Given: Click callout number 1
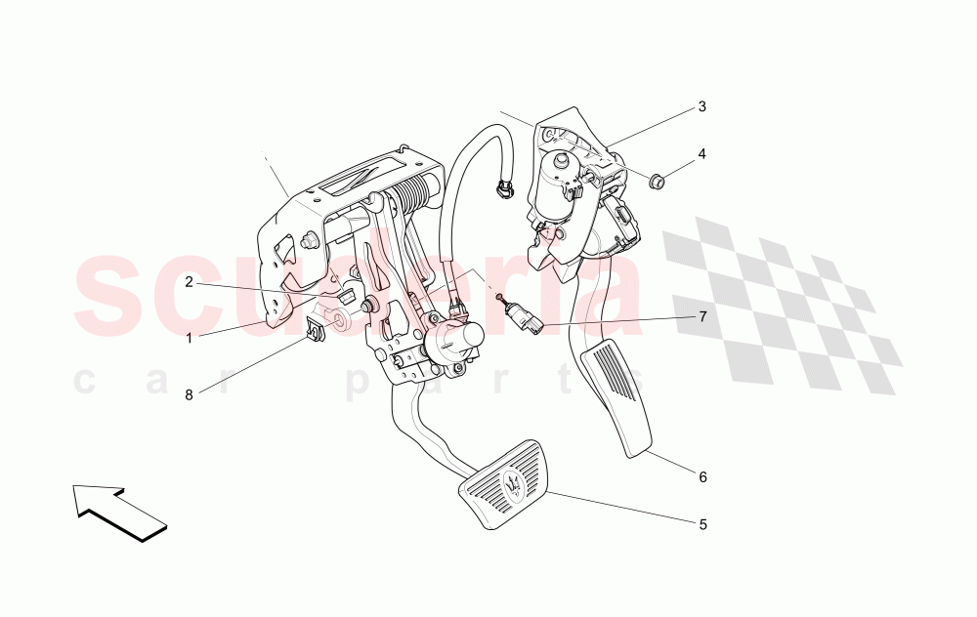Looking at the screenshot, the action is [x=189, y=339].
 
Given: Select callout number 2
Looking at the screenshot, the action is [x=189, y=283].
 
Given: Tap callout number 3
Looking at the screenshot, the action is [x=702, y=106].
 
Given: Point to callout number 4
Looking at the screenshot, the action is [x=702, y=154].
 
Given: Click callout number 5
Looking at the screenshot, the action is [x=702, y=524].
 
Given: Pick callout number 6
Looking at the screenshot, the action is [x=702, y=477].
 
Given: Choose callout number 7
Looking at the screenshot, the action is [x=702, y=317].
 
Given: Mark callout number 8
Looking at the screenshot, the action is [x=189, y=394].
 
